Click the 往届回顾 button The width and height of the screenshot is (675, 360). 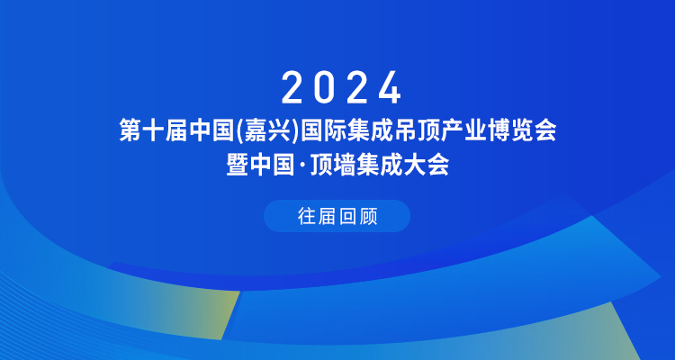337,216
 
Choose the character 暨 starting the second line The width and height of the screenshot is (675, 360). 238,166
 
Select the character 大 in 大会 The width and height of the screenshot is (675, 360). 415,166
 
